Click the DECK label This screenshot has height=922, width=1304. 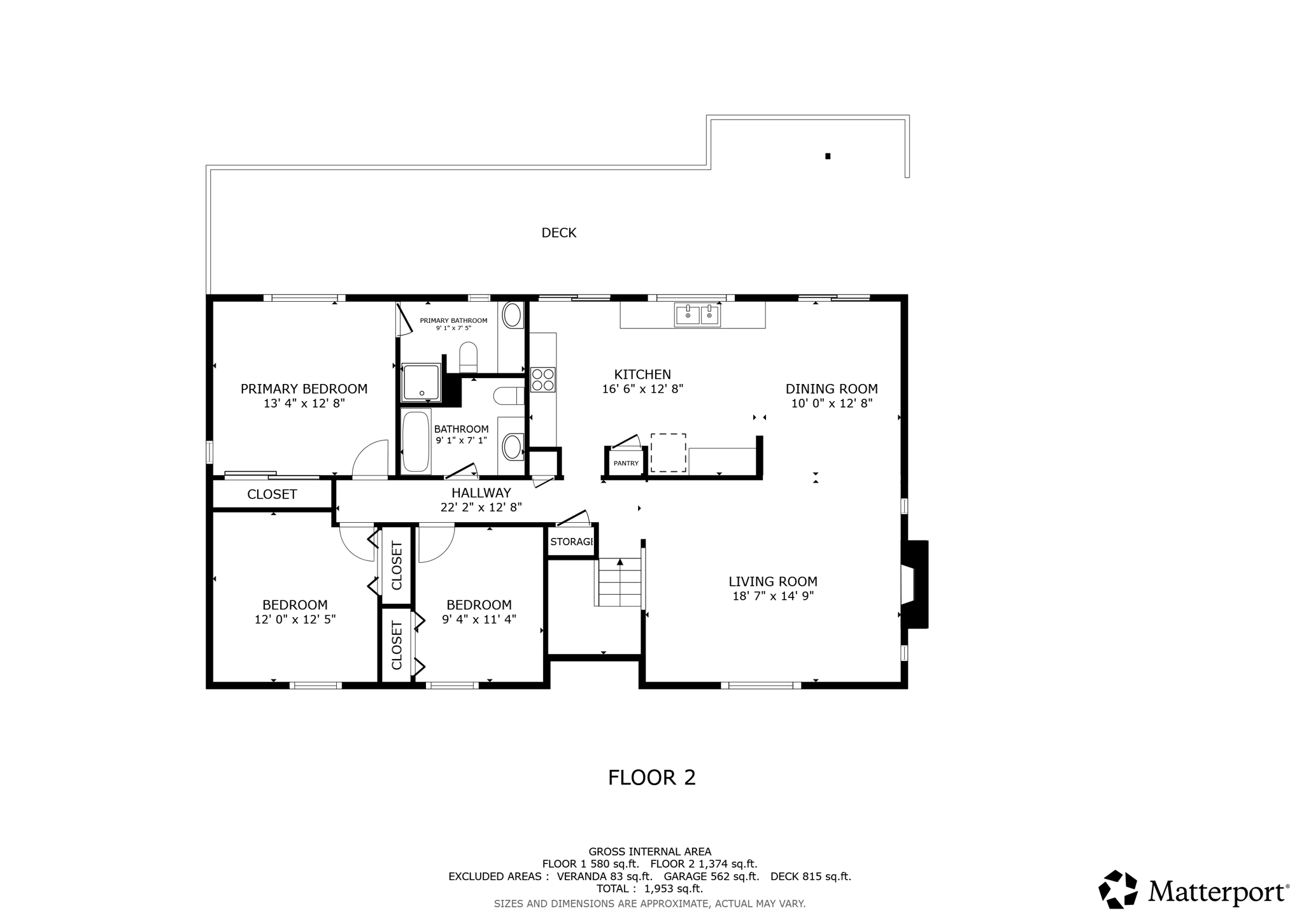(558, 233)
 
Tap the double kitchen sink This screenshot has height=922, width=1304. (697, 315)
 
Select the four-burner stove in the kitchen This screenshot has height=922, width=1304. (543, 379)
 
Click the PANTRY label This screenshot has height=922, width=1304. (626, 464)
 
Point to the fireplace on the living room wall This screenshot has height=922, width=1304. (914, 585)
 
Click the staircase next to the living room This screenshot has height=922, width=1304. (620, 582)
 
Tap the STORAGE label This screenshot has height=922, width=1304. (572, 542)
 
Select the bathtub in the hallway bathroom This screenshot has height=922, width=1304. (416, 442)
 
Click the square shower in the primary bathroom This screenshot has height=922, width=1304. (421, 382)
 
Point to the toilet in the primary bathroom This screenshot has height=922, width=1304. (469, 357)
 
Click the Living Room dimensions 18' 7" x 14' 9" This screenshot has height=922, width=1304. (773, 596)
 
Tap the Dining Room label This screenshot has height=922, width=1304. (831, 388)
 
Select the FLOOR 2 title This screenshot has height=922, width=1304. (651, 777)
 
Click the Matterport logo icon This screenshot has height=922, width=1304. (1118, 889)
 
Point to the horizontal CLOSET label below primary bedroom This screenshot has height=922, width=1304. (272, 494)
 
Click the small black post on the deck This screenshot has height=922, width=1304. (828, 156)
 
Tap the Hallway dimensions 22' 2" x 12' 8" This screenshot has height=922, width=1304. (481, 507)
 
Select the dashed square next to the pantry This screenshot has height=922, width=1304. (668, 453)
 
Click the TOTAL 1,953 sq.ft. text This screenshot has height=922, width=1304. (649, 889)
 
